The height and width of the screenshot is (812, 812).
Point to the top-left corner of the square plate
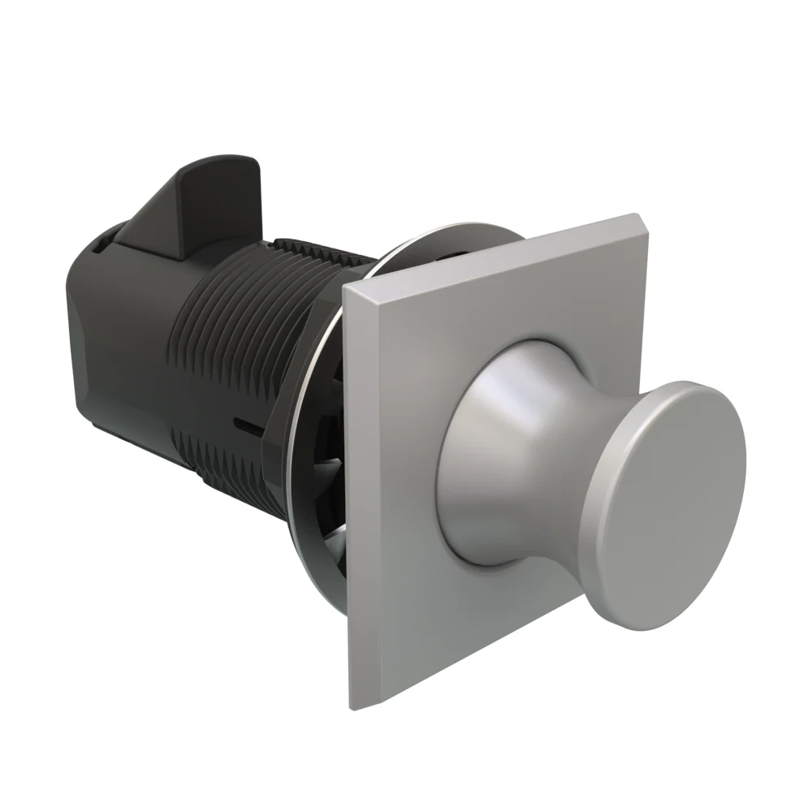tap(344, 285)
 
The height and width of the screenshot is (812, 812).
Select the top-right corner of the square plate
tap(634, 215)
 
